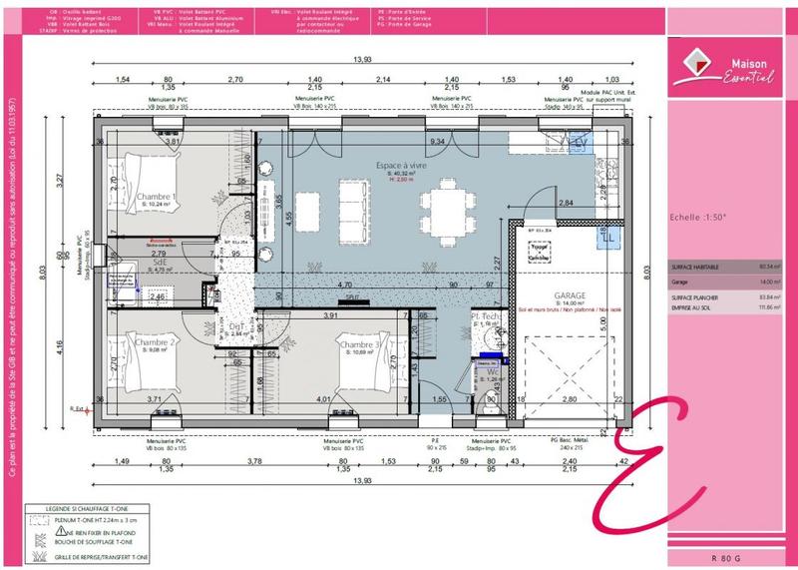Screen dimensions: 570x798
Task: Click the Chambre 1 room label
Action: (156, 197)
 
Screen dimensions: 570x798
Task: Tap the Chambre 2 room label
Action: (157, 342)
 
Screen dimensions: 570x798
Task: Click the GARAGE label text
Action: (570, 295)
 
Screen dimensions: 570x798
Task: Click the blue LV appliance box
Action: (580, 144)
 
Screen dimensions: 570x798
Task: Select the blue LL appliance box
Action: (604, 238)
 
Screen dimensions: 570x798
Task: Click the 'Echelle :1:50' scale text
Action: (698, 216)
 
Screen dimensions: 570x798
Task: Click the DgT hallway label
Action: (236, 325)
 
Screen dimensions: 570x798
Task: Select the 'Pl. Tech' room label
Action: (486, 315)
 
